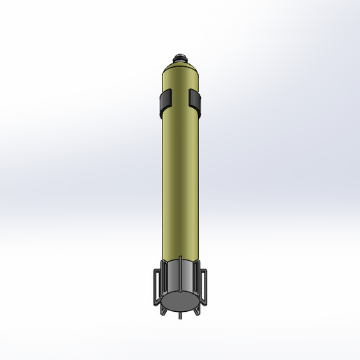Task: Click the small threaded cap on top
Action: (x=180, y=57)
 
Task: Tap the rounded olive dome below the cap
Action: (x=180, y=71)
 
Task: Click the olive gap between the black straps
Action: (x=181, y=101)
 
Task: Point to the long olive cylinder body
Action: (x=180, y=181)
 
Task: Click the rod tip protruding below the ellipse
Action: (x=180, y=315)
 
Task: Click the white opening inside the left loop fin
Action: (x=157, y=286)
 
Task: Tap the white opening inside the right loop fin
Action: (x=203, y=286)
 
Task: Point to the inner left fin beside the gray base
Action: (x=163, y=279)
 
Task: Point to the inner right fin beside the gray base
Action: (x=197, y=279)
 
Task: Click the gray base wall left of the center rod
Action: (x=172, y=279)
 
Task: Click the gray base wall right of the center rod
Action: (x=189, y=279)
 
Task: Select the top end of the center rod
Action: (x=180, y=259)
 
